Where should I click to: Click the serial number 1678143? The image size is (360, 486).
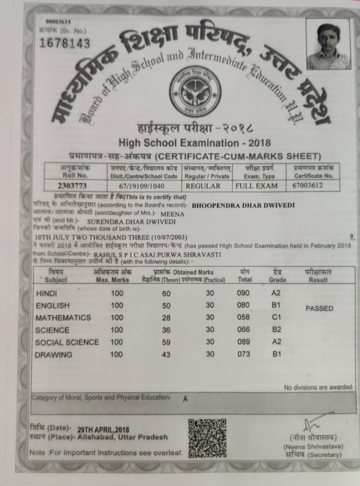[x=65, y=44]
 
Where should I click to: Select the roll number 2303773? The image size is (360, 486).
[x=72, y=186]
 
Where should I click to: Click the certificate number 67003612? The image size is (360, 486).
[x=308, y=186]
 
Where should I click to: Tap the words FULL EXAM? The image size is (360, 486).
[x=256, y=186]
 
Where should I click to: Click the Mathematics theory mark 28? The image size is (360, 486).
[x=166, y=318]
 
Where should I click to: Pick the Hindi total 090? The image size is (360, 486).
[x=243, y=293]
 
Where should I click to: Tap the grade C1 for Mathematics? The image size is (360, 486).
[x=276, y=317]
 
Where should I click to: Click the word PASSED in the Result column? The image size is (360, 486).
[x=319, y=308]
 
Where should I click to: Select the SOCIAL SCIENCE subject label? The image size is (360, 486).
[x=67, y=342]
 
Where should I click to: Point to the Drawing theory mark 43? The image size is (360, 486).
[x=166, y=355]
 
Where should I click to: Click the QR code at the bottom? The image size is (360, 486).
[x=207, y=438]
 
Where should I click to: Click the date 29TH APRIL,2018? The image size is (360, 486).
[x=103, y=430]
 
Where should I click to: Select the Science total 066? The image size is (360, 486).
[x=243, y=330]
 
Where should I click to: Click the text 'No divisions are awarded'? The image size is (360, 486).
[x=318, y=387]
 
